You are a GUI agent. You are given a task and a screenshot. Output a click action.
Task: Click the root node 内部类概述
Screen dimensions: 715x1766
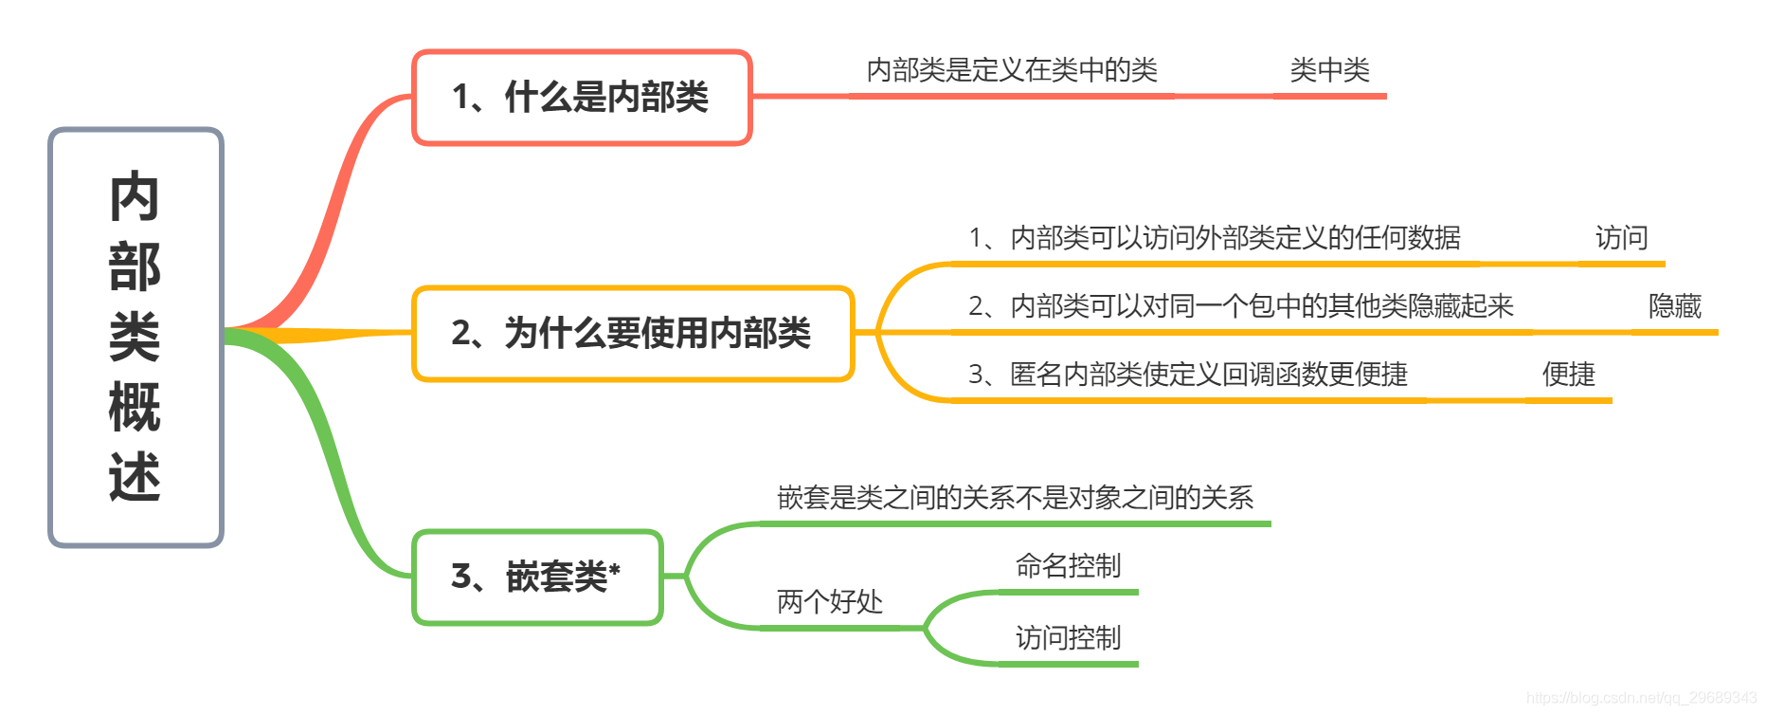[135, 337]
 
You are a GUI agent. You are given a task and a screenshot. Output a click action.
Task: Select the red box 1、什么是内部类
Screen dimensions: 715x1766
[581, 97]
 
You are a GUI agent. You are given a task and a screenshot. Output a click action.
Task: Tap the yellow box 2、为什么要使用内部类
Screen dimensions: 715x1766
[632, 333]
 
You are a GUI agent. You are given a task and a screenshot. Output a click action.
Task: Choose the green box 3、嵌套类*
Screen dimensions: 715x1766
[536, 577]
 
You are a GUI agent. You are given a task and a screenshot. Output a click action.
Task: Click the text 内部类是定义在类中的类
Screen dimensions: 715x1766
[1012, 70]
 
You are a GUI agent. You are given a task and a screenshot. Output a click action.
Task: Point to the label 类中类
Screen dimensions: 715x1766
[1329, 70]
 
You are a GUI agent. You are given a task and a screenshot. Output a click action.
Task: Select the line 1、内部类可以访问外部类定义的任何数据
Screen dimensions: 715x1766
[1214, 238]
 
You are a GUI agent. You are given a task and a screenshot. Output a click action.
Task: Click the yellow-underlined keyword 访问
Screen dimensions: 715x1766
[1621, 238]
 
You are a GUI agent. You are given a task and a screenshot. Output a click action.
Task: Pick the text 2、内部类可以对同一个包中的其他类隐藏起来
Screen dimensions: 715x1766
[1240, 306]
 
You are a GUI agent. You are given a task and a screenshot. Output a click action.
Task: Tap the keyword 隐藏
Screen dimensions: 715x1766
[1674, 306]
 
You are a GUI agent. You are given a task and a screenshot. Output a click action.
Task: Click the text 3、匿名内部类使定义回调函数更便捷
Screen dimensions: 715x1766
[1187, 375]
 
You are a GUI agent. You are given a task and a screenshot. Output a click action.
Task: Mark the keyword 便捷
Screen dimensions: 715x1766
[1568, 375]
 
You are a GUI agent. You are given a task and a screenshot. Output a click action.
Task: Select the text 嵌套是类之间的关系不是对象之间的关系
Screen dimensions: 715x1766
[1015, 498]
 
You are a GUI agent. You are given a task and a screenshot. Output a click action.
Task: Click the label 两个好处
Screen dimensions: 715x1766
[829, 601]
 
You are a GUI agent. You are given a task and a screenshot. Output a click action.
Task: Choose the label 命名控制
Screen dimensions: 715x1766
[1068, 566]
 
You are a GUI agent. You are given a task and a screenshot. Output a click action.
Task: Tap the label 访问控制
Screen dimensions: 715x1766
[1068, 638]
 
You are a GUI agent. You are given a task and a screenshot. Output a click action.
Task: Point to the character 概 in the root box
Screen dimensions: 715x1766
[135, 407]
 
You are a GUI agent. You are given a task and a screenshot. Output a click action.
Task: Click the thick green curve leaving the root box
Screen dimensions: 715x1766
[322, 427]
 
